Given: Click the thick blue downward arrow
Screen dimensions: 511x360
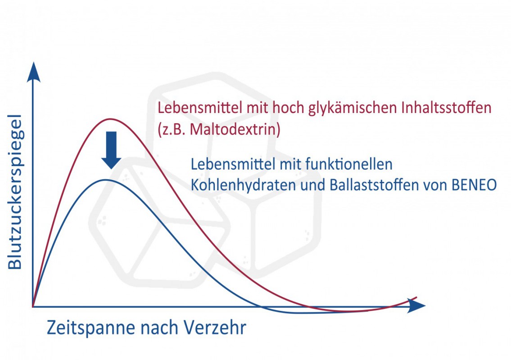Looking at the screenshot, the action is [x=112, y=150].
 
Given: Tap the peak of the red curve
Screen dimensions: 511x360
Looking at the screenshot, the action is [x=110, y=119].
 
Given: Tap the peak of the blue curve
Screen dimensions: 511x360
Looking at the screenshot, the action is [x=105, y=180].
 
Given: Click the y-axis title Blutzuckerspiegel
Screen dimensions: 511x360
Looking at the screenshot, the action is [x=15, y=192].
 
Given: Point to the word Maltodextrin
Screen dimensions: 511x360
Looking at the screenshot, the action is [x=235, y=129].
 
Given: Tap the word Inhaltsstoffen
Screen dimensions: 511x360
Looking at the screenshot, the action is [x=446, y=108].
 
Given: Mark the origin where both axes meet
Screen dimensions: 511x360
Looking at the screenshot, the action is [x=33, y=306].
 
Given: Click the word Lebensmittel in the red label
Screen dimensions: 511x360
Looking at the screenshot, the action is [x=200, y=108].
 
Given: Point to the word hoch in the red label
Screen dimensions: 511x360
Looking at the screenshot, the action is [x=288, y=108].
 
